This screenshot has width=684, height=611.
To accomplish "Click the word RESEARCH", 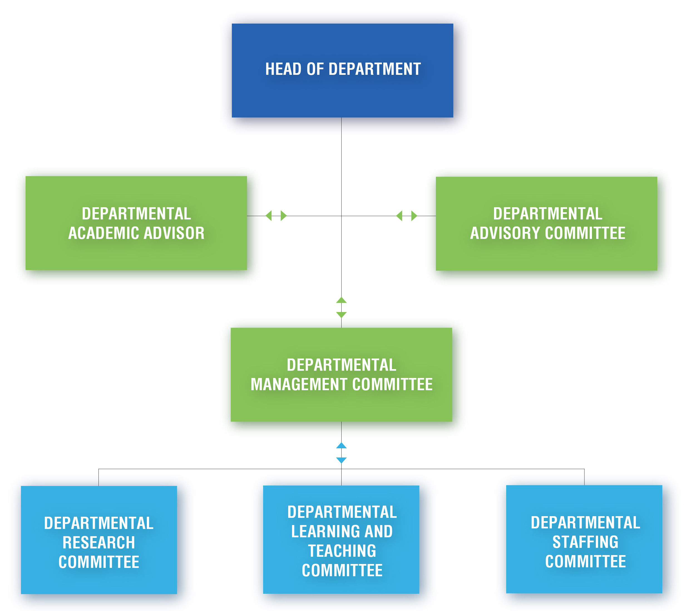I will [x=99, y=543].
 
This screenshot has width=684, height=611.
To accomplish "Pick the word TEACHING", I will [x=342, y=551].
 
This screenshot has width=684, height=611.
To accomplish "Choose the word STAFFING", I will [x=585, y=542].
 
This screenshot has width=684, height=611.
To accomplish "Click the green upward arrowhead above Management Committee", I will [x=341, y=300].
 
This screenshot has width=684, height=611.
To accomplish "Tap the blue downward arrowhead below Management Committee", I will [x=341, y=460].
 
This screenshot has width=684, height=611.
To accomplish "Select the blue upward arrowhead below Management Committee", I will [x=341, y=446].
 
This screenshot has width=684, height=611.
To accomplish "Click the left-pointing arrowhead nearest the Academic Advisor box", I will [x=269, y=216].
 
